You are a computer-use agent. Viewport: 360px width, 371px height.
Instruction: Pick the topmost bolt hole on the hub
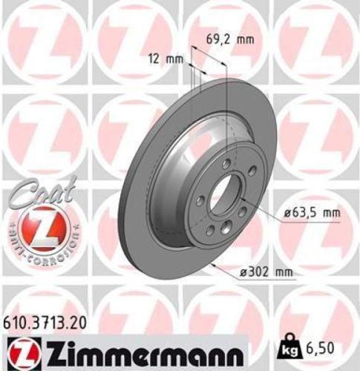coord(224,164)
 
